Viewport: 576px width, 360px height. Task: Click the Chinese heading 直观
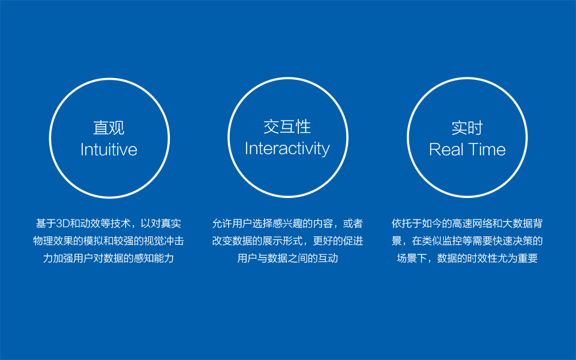[109, 128]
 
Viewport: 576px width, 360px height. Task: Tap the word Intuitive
[109, 149]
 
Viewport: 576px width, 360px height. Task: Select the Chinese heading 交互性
[287, 127]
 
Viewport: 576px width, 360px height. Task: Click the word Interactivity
[287, 149]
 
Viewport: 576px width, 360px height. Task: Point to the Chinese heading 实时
[467, 128]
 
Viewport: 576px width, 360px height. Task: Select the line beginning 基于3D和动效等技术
[109, 223]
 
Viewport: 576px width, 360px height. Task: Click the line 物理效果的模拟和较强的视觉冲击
[109, 241]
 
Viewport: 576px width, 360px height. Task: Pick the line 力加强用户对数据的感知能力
[109, 258]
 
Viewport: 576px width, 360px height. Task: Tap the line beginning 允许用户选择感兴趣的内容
[287, 223]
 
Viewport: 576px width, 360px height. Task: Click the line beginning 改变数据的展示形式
[287, 241]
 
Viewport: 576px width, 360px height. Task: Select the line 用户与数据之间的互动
[287, 258]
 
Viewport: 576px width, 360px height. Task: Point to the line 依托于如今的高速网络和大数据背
[467, 223]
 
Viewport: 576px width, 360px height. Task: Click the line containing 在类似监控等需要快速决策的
[467, 241]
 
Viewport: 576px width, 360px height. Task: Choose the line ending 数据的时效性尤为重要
[467, 258]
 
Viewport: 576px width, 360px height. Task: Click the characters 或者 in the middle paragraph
[353, 223]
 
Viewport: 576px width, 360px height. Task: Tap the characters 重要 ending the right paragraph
[528, 258]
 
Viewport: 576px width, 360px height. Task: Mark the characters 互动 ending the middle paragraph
[328, 258]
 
